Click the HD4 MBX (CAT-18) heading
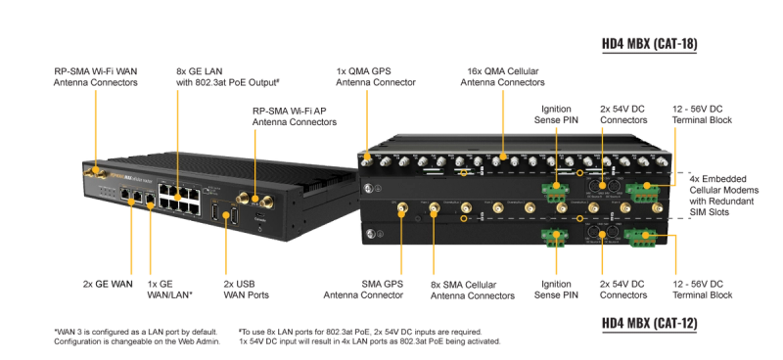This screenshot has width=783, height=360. coord(649,44)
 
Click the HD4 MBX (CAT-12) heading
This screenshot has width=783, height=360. coord(649,324)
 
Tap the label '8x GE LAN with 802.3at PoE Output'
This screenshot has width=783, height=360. coord(227,77)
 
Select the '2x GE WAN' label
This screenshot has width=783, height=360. coord(108,284)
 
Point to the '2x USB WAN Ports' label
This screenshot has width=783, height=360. coord(246,290)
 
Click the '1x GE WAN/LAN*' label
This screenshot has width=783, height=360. coord(169,290)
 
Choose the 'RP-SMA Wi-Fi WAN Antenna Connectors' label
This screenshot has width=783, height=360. coord(95,77)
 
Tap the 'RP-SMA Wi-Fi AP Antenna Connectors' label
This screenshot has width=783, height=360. coord(295,116)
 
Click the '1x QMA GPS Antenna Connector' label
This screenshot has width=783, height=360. coord(376,77)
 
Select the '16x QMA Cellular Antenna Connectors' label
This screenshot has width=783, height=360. coord(502,77)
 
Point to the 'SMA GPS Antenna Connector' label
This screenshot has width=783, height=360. coord(363,290)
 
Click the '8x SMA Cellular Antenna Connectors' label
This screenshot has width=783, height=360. coord(473,291)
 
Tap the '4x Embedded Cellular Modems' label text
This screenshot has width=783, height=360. coord(724,196)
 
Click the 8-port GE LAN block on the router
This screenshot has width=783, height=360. coord(179,199)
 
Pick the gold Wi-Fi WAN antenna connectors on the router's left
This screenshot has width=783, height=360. coord(95,173)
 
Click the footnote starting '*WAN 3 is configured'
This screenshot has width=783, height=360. coord(136,337)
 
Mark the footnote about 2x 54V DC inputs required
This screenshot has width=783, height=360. coord(370,337)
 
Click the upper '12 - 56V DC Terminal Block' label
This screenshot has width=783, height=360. coord(702,114)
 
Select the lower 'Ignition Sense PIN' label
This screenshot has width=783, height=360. coord(556,290)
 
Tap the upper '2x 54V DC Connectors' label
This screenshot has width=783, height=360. coord(623,114)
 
